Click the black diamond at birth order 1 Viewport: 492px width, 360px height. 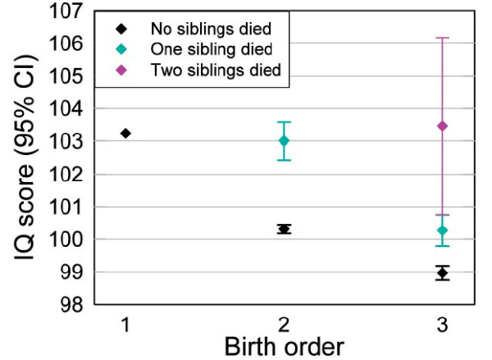[125, 133]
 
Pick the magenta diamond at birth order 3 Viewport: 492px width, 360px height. [443, 125]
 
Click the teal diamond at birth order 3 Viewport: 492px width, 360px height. [443, 230]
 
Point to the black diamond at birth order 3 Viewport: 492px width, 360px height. [443, 272]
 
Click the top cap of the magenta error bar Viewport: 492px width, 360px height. [443, 38]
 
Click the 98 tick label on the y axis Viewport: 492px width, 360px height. [72, 304]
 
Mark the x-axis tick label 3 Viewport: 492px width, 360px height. [443, 326]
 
